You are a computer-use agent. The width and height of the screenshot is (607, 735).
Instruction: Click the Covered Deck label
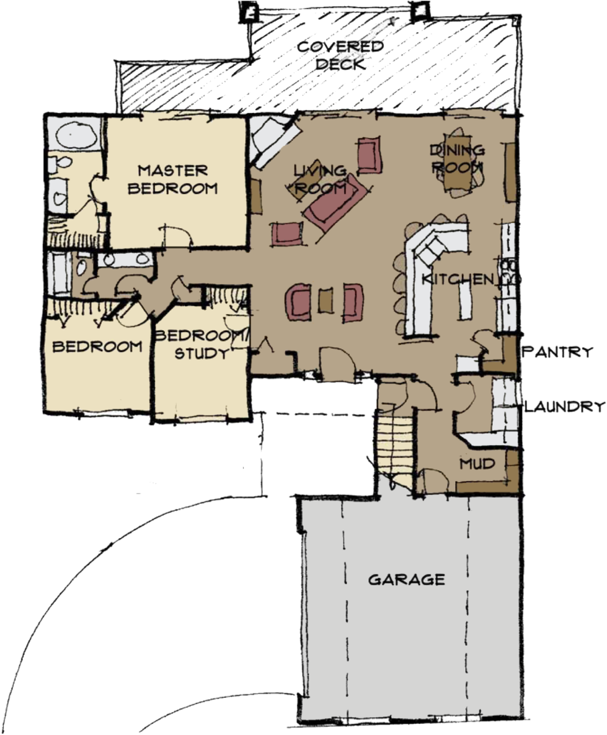tap(340, 55)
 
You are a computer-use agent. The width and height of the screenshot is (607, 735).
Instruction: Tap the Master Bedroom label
tap(173, 179)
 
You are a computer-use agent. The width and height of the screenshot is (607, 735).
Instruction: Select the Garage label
tap(407, 579)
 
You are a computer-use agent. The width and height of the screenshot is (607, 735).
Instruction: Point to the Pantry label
tap(559, 352)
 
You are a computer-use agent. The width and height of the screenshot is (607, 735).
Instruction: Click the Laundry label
tap(564, 407)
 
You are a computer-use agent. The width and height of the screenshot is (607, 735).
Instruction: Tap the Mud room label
tap(477, 464)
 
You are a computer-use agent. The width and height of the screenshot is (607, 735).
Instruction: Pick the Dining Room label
tap(457, 158)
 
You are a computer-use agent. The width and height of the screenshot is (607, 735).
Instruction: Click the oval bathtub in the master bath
tap(73, 134)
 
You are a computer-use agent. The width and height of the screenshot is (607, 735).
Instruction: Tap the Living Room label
tap(319, 179)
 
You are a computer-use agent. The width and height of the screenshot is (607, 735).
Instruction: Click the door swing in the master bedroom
tap(179, 234)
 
